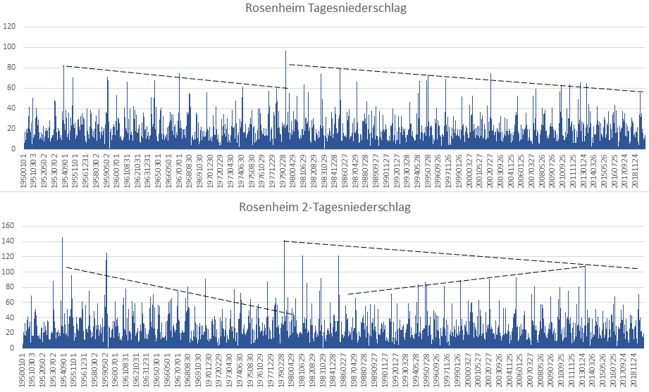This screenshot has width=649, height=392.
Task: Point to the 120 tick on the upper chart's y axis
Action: coord(11,27)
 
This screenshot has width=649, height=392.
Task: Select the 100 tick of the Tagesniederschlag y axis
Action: coord(11,47)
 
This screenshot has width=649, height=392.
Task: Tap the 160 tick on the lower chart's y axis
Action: coord(11,226)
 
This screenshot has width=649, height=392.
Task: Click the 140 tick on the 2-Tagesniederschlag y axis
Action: coord(11,241)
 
